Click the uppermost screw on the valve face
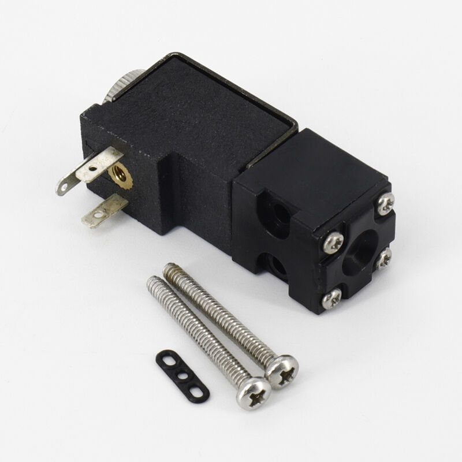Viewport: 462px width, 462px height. click(x=386, y=202)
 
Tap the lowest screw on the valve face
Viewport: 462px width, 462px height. click(x=332, y=298)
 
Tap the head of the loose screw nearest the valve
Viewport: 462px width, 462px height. click(x=283, y=370)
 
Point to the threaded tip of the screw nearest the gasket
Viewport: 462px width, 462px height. click(x=153, y=282)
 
